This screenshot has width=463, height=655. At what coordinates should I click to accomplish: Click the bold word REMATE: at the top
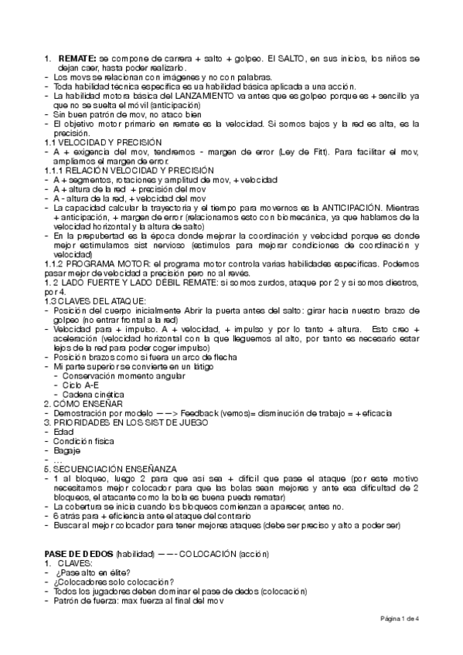pyautogui.click(x=77, y=59)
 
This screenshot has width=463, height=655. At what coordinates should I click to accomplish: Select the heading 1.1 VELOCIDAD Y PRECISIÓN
pyautogui.click(x=102, y=142)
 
